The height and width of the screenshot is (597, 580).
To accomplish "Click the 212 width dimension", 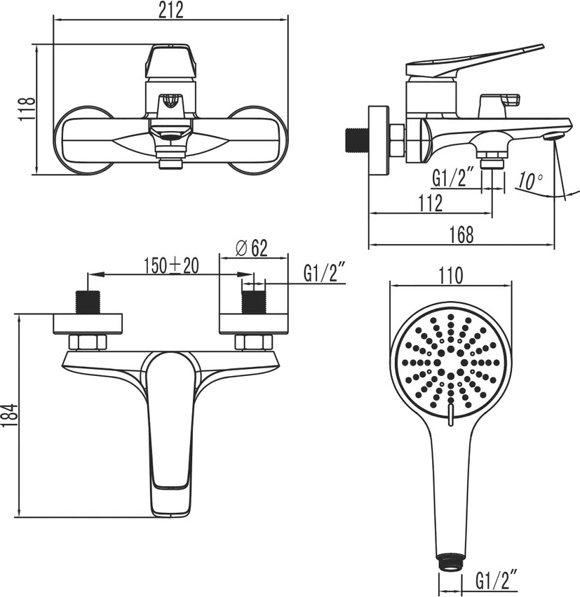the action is coord(171,10).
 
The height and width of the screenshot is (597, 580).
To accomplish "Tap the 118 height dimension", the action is coord(27,109).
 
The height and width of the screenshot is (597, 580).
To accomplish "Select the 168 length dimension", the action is coord(461,234).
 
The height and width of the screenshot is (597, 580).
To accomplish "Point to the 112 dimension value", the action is coord(431,203).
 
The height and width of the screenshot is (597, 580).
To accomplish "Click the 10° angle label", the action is coord(530,181).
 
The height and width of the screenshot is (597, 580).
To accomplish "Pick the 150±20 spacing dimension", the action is coord(171,265).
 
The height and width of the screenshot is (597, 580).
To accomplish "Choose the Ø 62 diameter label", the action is coord(252,248).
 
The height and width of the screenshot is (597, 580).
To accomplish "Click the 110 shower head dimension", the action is coord(450,275).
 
